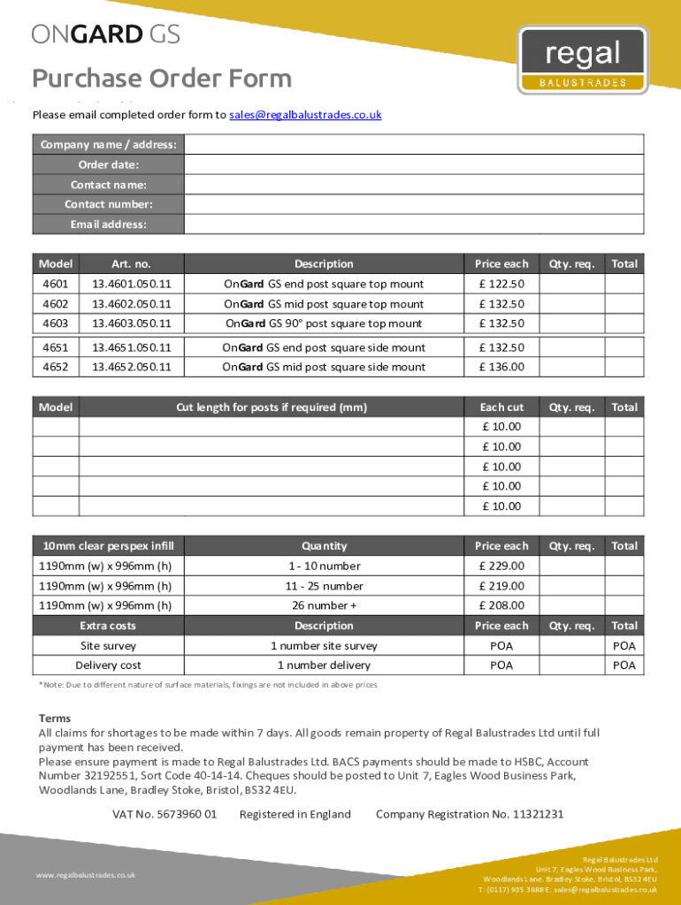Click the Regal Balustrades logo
coord(582,60)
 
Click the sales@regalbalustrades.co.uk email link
coord(305,115)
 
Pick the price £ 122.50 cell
coord(501,284)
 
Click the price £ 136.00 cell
coord(501,367)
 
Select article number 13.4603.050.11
coord(132,323)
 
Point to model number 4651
coord(55,347)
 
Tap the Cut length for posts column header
coord(272,407)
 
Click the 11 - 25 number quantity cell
coord(324,586)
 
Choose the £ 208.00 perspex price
coord(501,605)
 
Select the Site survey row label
coord(108,646)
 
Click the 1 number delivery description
coord(324,665)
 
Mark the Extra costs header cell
coord(108,626)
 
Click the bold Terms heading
coord(55,719)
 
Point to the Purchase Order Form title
coord(162,79)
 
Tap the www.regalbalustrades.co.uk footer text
coord(86,875)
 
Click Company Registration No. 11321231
coord(470,814)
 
